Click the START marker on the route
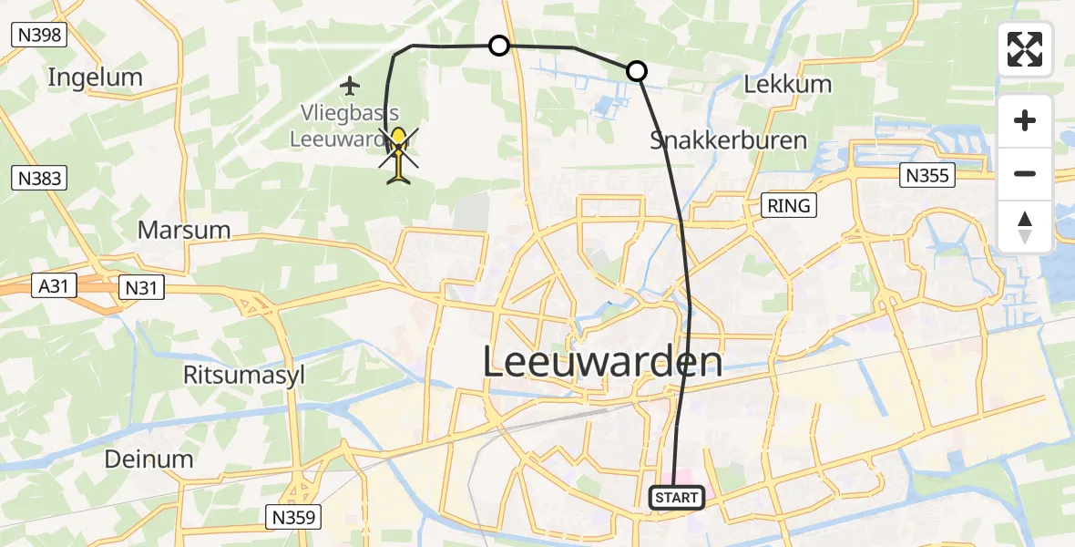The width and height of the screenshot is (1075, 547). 677,498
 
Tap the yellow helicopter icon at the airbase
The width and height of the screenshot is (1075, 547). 399,155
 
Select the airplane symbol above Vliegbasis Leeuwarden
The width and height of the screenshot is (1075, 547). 350,87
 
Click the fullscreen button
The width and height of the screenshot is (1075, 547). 1025,49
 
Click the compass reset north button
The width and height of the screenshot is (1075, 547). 1025,227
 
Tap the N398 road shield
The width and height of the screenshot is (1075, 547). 38,35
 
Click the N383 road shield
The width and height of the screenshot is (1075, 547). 38,177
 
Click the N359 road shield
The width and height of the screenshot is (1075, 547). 292,517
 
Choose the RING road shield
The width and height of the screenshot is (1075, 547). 789,205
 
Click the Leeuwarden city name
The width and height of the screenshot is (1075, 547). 601,362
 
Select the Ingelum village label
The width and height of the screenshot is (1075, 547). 96,77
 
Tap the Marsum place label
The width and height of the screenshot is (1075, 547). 184,229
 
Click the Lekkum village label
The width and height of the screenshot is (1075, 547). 788,85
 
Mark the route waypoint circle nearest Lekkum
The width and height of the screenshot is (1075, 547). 637,71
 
